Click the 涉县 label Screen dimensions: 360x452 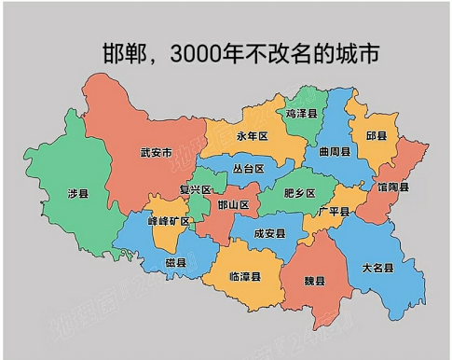78,193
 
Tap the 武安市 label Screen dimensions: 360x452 156,153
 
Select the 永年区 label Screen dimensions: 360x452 252,136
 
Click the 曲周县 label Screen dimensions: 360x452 334,151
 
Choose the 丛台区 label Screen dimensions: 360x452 249,169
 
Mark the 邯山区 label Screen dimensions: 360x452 232,204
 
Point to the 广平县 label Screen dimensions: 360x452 333,212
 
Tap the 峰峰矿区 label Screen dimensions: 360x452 169,221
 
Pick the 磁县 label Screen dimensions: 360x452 175,262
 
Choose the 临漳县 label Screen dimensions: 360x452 245,277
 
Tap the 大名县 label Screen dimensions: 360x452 377,268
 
